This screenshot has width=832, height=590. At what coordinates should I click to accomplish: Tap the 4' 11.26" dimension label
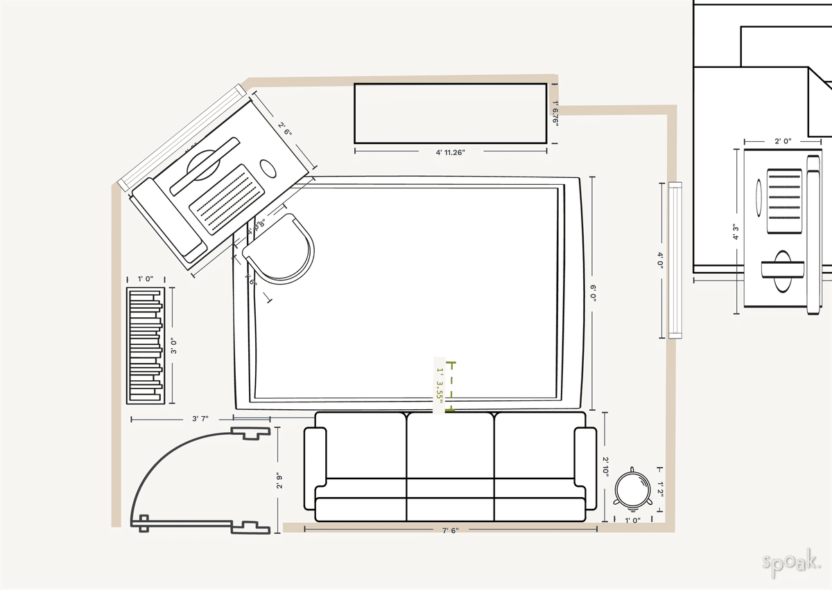450,151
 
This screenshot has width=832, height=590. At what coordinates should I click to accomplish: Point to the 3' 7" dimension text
200,419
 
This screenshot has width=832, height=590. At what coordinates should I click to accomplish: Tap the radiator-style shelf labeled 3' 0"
145,345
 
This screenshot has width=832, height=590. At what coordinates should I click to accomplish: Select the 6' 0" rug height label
593,292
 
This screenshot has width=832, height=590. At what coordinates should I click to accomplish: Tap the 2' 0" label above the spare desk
783,141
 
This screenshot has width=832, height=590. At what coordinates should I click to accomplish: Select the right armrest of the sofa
585,457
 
